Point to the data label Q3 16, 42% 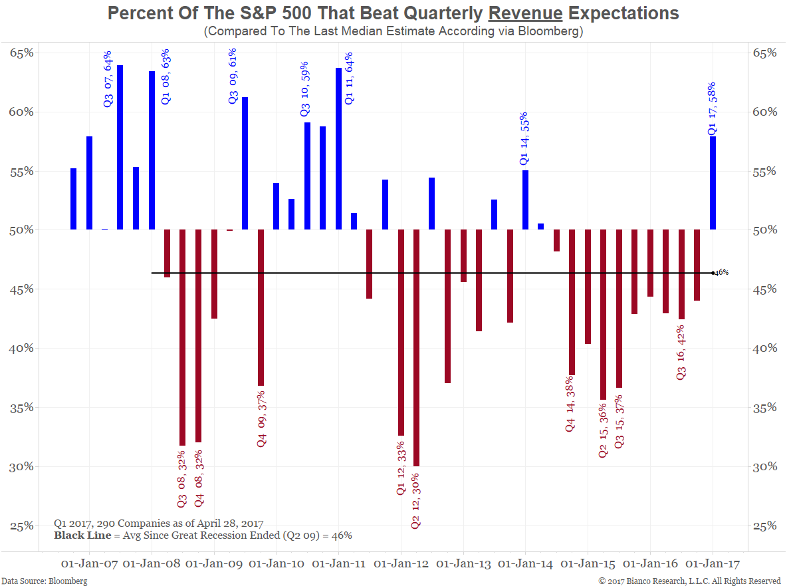(x=681, y=353)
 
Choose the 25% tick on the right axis (x=763, y=525)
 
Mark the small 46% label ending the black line (x=722, y=273)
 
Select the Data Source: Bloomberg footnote (x=44, y=581)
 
